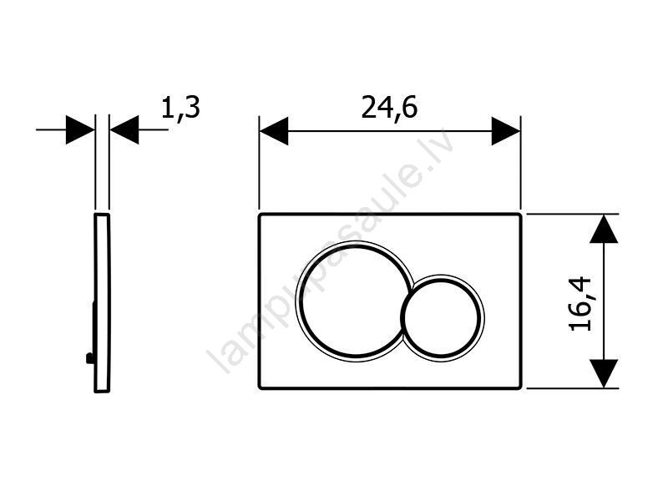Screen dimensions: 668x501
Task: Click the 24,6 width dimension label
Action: (389, 109)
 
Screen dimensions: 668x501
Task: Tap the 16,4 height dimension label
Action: (580, 303)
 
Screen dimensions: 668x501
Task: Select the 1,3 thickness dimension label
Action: (180, 109)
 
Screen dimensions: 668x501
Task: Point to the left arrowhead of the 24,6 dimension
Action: (274, 131)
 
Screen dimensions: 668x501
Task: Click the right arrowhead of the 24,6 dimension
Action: (506, 131)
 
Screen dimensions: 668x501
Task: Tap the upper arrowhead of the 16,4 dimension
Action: (604, 228)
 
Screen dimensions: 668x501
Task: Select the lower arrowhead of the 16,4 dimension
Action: (604, 373)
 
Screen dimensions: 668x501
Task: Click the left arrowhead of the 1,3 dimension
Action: (80, 129)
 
